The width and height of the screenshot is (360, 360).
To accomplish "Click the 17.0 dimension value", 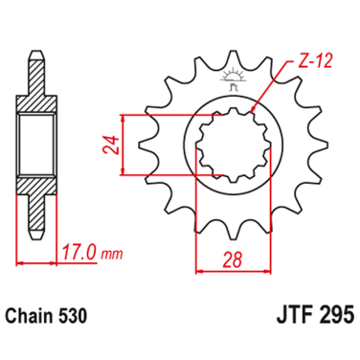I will (79, 256).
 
